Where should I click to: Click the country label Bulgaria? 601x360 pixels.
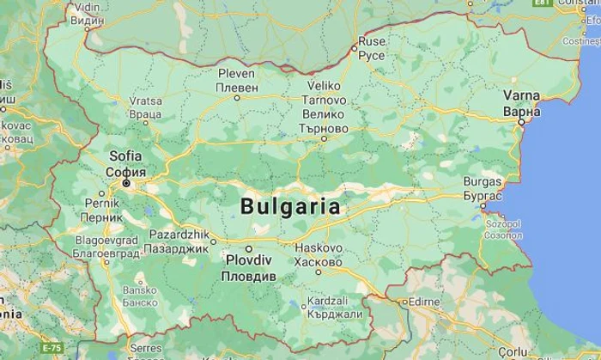click(290, 207)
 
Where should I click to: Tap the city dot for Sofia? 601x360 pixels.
click(126, 184)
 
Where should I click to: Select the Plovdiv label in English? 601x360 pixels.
click(249, 260)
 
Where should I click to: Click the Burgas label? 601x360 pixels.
click(482, 182)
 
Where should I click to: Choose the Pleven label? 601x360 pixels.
click(237, 74)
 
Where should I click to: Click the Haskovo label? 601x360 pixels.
click(319, 248)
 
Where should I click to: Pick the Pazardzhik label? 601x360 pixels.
click(179, 235)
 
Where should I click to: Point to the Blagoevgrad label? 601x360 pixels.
click(106, 242)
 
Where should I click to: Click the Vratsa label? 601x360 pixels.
click(145, 101)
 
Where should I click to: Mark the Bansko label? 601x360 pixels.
click(140, 290)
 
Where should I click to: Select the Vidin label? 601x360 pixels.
click(88, 7)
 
